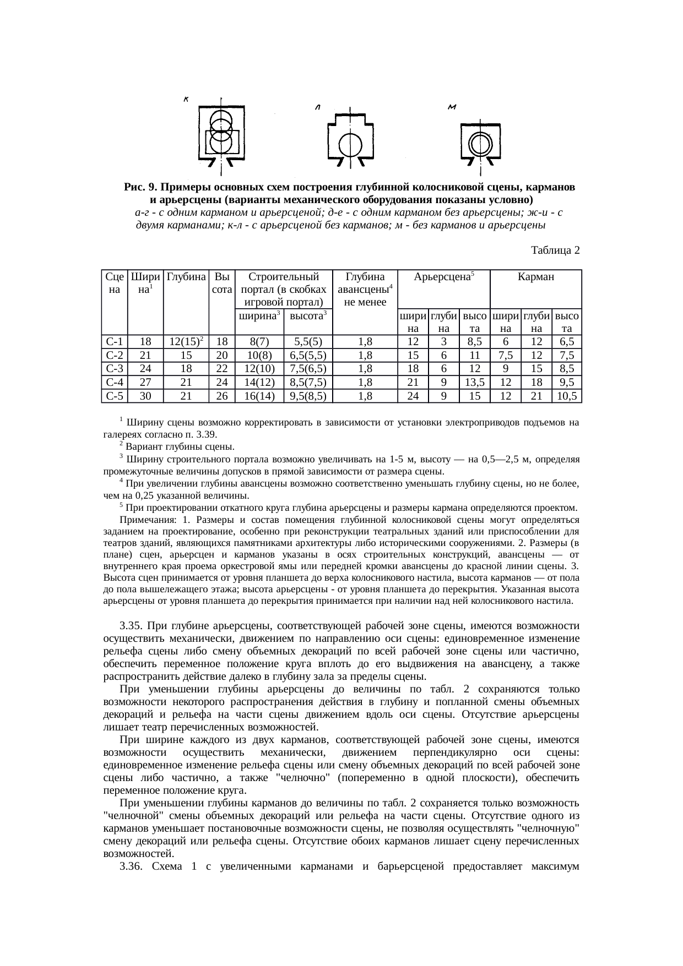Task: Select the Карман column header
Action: pos(535,277)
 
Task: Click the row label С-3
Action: pos(114,369)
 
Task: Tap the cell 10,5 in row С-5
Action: pos(567,396)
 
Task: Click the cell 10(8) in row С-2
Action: pos(259,356)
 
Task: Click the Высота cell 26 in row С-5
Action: pos(222,396)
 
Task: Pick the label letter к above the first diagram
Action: pos(186,100)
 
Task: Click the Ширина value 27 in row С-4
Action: pos(145,383)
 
